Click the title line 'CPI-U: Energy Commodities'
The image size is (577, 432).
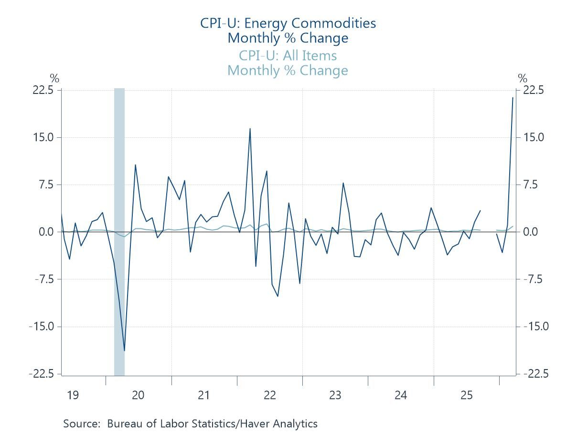(x=288, y=23)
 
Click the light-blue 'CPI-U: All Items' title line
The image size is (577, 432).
(x=288, y=56)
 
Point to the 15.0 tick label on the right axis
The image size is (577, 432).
(x=533, y=137)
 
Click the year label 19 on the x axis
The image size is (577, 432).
(x=73, y=395)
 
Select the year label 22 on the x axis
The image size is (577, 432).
(x=270, y=395)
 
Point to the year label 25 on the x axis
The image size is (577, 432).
(x=467, y=395)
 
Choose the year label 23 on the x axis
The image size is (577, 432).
(x=335, y=395)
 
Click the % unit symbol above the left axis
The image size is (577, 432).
(x=54, y=79)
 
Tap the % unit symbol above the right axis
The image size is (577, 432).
(x=523, y=79)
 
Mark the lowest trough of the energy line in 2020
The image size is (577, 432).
(x=124, y=350)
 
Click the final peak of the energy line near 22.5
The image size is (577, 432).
(x=513, y=98)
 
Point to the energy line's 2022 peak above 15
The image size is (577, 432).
(x=250, y=129)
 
